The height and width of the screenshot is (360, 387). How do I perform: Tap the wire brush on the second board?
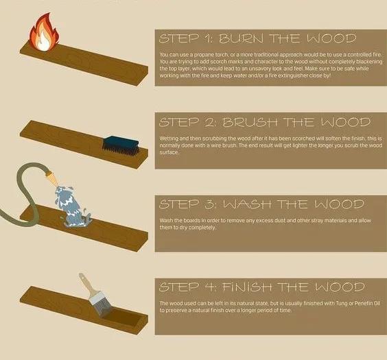click(x=121, y=146)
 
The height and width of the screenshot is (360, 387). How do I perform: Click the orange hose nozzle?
click(x=52, y=178)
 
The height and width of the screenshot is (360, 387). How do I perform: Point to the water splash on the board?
click(x=71, y=206)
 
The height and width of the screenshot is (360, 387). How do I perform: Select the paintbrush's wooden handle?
click(x=86, y=284)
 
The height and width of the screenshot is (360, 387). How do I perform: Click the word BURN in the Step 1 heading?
click(x=241, y=38)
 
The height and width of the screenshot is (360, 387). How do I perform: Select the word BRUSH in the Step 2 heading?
click(x=250, y=122)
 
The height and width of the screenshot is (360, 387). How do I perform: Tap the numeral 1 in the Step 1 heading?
click(x=207, y=38)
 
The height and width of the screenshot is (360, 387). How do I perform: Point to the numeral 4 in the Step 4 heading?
click(x=209, y=287)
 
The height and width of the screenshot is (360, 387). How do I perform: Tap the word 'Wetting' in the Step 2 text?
click(x=167, y=139)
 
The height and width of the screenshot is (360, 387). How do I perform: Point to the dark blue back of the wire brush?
click(x=121, y=141)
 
